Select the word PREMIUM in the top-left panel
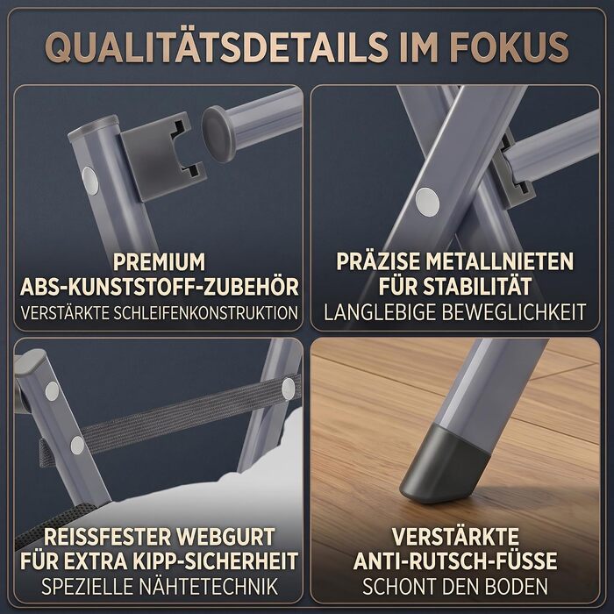pyautogui.click(x=159, y=262)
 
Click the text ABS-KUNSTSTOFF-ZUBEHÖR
pyautogui.click(x=159, y=287)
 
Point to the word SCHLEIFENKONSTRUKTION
pyautogui.click(x=205, y=313)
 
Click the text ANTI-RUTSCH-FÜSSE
pyautogui.click(x=455, y=560)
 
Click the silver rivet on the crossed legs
pyautogui.click(x=427, y=202)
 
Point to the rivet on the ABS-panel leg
pyautogui.click(x=90, y=180)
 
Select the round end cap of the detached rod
pyautogui.click(x=218, y=133)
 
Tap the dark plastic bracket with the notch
pyautogui.click(x=161, y=155)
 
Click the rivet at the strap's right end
pyautogui.click(x=289, y=389)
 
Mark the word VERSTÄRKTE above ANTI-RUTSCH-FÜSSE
pyautogui.click(x=455, y=537)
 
